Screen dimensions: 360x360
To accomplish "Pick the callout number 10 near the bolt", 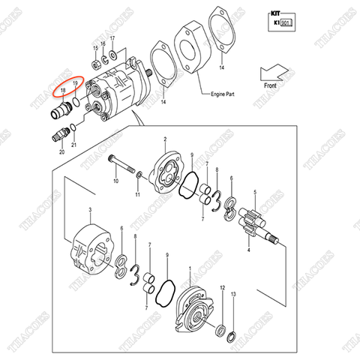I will click(115, 181).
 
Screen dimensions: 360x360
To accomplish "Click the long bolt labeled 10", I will click(121, 163).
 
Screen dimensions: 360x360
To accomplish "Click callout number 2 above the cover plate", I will click(164, 139).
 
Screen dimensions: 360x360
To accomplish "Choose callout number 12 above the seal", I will click(222, 287).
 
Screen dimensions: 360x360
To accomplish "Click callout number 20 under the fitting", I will click(61, 152).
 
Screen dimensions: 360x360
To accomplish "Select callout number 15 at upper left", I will click(95, 47).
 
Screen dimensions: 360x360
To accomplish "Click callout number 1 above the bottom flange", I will click(190, 269).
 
